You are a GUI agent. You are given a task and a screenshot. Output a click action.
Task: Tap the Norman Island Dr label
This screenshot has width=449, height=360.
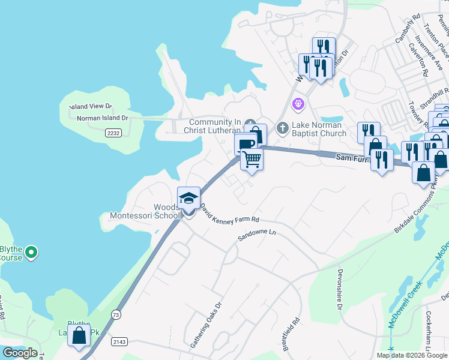[103, 118]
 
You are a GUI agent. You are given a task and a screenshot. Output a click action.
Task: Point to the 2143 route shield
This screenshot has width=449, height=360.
[119, 341]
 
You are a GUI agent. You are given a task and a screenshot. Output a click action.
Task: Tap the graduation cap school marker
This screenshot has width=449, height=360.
[188, 198]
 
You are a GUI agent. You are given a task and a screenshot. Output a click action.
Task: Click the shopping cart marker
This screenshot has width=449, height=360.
[252, 160]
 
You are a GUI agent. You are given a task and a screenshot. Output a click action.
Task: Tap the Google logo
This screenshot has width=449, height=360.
[20, 353]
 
